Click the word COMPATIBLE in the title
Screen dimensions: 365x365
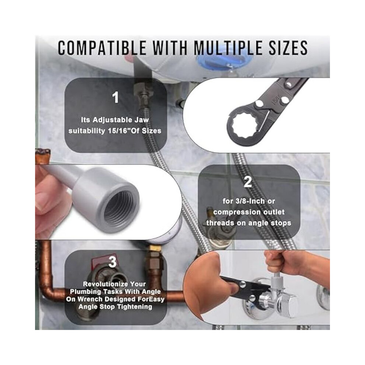pyautogui.click(x=102, y=48)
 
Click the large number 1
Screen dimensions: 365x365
pyautogui.click(x=115, y=97)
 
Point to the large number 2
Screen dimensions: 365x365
pyautogui.click(x=248, y=182)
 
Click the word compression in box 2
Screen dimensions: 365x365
pyautogui.click(x=234, y=212)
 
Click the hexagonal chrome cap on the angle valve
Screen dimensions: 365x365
pyautogui.click(x=290, y=305)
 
